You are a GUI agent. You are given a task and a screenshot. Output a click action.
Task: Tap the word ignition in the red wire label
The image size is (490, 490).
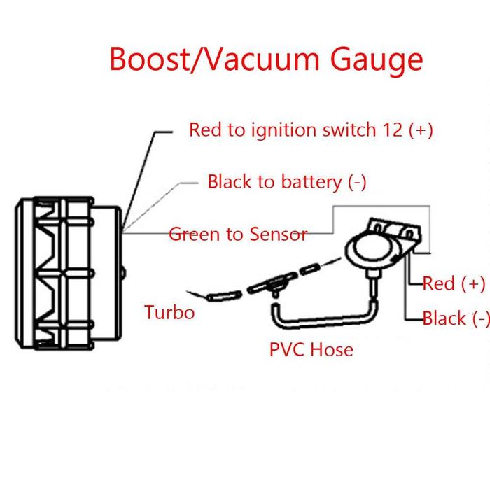[277, 130]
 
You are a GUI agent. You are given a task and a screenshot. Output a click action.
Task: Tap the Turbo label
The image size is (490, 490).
[169, 312]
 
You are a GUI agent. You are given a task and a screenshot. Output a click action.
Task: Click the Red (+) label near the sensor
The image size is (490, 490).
[454, 283]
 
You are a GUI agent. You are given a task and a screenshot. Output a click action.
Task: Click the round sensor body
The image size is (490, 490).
[369, 250]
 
